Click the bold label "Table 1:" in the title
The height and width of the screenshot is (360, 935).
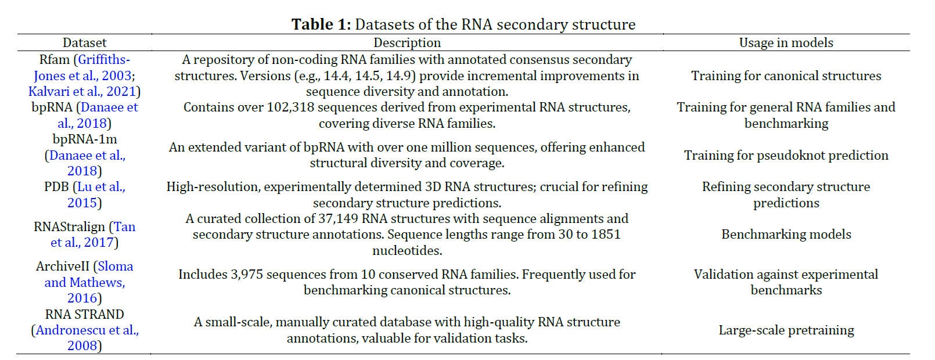(321, 24)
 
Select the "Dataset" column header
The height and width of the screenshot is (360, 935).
(85, 42)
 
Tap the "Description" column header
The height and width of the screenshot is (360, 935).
(407, 43)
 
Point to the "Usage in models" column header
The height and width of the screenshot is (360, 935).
(786, 43)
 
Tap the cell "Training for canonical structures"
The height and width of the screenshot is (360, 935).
(786, 76)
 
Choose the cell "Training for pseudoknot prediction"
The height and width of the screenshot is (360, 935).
(786, 156)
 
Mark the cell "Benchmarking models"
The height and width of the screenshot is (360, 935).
(786, 235)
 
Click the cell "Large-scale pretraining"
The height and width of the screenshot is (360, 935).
(786, 330)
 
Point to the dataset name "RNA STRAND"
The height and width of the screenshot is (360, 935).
(85, 315)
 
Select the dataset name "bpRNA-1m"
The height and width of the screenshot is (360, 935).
(85, 139)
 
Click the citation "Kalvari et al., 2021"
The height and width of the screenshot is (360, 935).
(82, 92)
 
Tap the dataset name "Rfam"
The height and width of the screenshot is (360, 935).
(54, 60)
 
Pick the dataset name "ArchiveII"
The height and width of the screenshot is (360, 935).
(63, 267)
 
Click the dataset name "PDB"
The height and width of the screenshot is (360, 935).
(56, 188)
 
